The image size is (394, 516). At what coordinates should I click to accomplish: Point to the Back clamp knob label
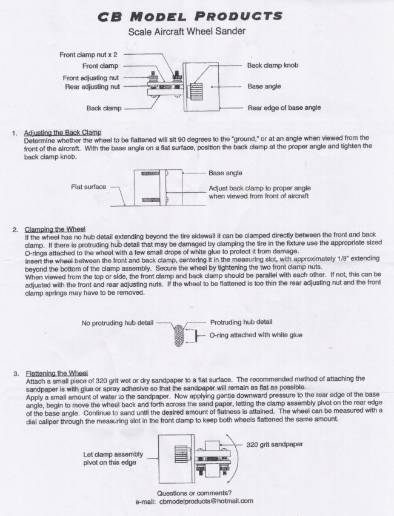pyautogui.click(x=272, y=65)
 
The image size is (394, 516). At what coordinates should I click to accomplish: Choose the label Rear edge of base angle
pyautogui.click(x=284, y=108)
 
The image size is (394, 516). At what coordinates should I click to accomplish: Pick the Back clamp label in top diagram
pyautogui.click(x=104, y=109)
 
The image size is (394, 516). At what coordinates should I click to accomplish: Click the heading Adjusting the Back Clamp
pyautogui.click(x=62, y=132)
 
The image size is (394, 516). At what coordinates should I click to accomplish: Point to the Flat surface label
pyautogui.click(x=89, y=187)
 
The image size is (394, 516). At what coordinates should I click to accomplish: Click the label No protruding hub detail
pyautogui.click(x=118, y=323)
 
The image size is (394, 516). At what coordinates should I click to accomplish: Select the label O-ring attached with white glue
pyautogui.click(x=255, y=335)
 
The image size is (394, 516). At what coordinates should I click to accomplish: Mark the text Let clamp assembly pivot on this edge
pyautogui.click(x=113, y=458)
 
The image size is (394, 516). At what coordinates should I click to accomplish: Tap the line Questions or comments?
pyautogui.click(x=194, y=493)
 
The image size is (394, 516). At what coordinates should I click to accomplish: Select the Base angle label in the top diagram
pyautogui.click(x=264, y=87)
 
